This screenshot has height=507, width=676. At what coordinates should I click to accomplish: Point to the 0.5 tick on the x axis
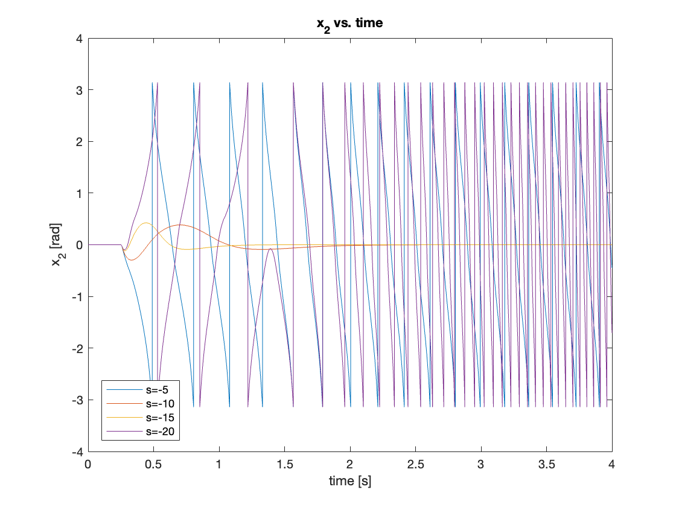154,464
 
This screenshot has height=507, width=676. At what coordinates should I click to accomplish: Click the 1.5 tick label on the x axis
284,464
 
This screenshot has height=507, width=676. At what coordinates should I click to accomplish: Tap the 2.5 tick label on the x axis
415,464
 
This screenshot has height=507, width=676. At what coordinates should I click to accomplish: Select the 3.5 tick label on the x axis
546,464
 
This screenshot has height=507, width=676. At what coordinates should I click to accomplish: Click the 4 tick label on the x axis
612,464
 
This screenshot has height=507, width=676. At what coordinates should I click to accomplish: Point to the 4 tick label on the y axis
79,38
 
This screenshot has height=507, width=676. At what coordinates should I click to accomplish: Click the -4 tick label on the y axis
76,451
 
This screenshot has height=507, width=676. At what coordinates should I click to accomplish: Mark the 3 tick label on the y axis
79,90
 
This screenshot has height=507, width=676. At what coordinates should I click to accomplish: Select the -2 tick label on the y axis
76,348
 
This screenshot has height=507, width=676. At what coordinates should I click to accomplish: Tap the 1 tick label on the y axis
79,193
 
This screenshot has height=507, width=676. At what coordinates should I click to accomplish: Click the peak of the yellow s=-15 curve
146,223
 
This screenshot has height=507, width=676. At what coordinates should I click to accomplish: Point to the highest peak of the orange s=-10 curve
179,225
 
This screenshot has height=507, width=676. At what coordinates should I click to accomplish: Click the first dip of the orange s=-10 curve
133,260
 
